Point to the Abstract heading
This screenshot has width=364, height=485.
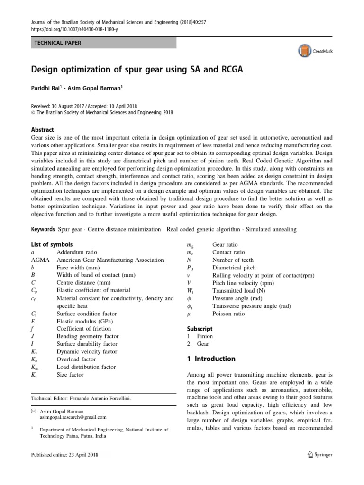pyautogui.click(x=42, y=130)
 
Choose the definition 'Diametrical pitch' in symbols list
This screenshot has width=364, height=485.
pyautogui.click(x=236, y=268)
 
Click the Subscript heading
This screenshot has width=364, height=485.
pyautogui.click(x=200, y=328)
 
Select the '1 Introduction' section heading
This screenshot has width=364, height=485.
pyautogui.click(x=211, y=359)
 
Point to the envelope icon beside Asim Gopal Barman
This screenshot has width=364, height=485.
pyautogui.click(x=33, y=410)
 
